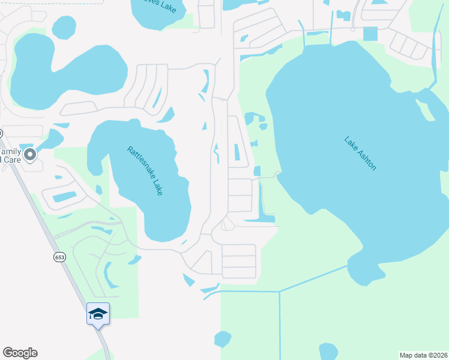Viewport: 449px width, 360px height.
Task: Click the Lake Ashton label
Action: pos(360,154)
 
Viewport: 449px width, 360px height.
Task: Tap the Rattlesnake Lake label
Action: pos(145,171)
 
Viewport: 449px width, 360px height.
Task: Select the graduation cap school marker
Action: pos(98,313)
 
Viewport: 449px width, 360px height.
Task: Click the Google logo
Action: pos(20,353)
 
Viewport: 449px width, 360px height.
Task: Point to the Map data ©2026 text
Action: pos(423,355)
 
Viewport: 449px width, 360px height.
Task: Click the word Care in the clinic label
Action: pos(11,160)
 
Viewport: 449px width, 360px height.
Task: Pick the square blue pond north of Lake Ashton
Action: pos(370,34)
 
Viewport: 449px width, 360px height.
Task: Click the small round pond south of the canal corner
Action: pos(223,338)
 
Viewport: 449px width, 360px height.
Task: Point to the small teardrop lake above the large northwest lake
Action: pos(64,27)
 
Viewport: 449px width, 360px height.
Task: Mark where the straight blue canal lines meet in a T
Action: pos(279,292)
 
